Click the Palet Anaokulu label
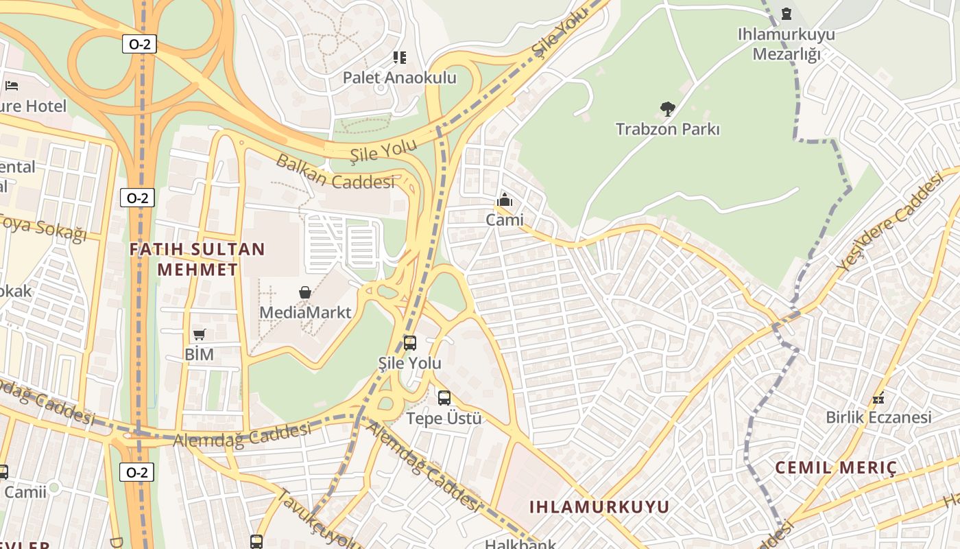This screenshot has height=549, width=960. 399,78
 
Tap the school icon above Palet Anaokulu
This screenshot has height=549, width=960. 399,58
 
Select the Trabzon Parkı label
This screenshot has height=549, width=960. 667,129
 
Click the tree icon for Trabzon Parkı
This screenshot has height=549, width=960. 667,108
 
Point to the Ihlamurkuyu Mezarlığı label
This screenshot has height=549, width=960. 787,44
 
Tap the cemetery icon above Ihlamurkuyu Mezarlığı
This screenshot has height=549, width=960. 787,14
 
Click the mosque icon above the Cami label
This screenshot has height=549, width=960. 505,200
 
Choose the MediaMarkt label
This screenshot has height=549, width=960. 305,313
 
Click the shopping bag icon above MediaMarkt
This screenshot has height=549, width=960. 305,293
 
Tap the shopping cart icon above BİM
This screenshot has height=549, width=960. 199,334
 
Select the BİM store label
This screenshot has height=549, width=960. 199,355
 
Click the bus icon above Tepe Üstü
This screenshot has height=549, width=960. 444,398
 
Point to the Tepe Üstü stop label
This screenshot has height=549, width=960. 444,418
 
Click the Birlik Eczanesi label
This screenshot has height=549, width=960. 878,417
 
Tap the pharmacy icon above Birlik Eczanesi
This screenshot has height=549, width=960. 878,397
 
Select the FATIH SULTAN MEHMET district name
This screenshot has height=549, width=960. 197,259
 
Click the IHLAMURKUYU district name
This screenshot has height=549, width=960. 599,507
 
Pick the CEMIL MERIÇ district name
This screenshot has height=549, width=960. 836,468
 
